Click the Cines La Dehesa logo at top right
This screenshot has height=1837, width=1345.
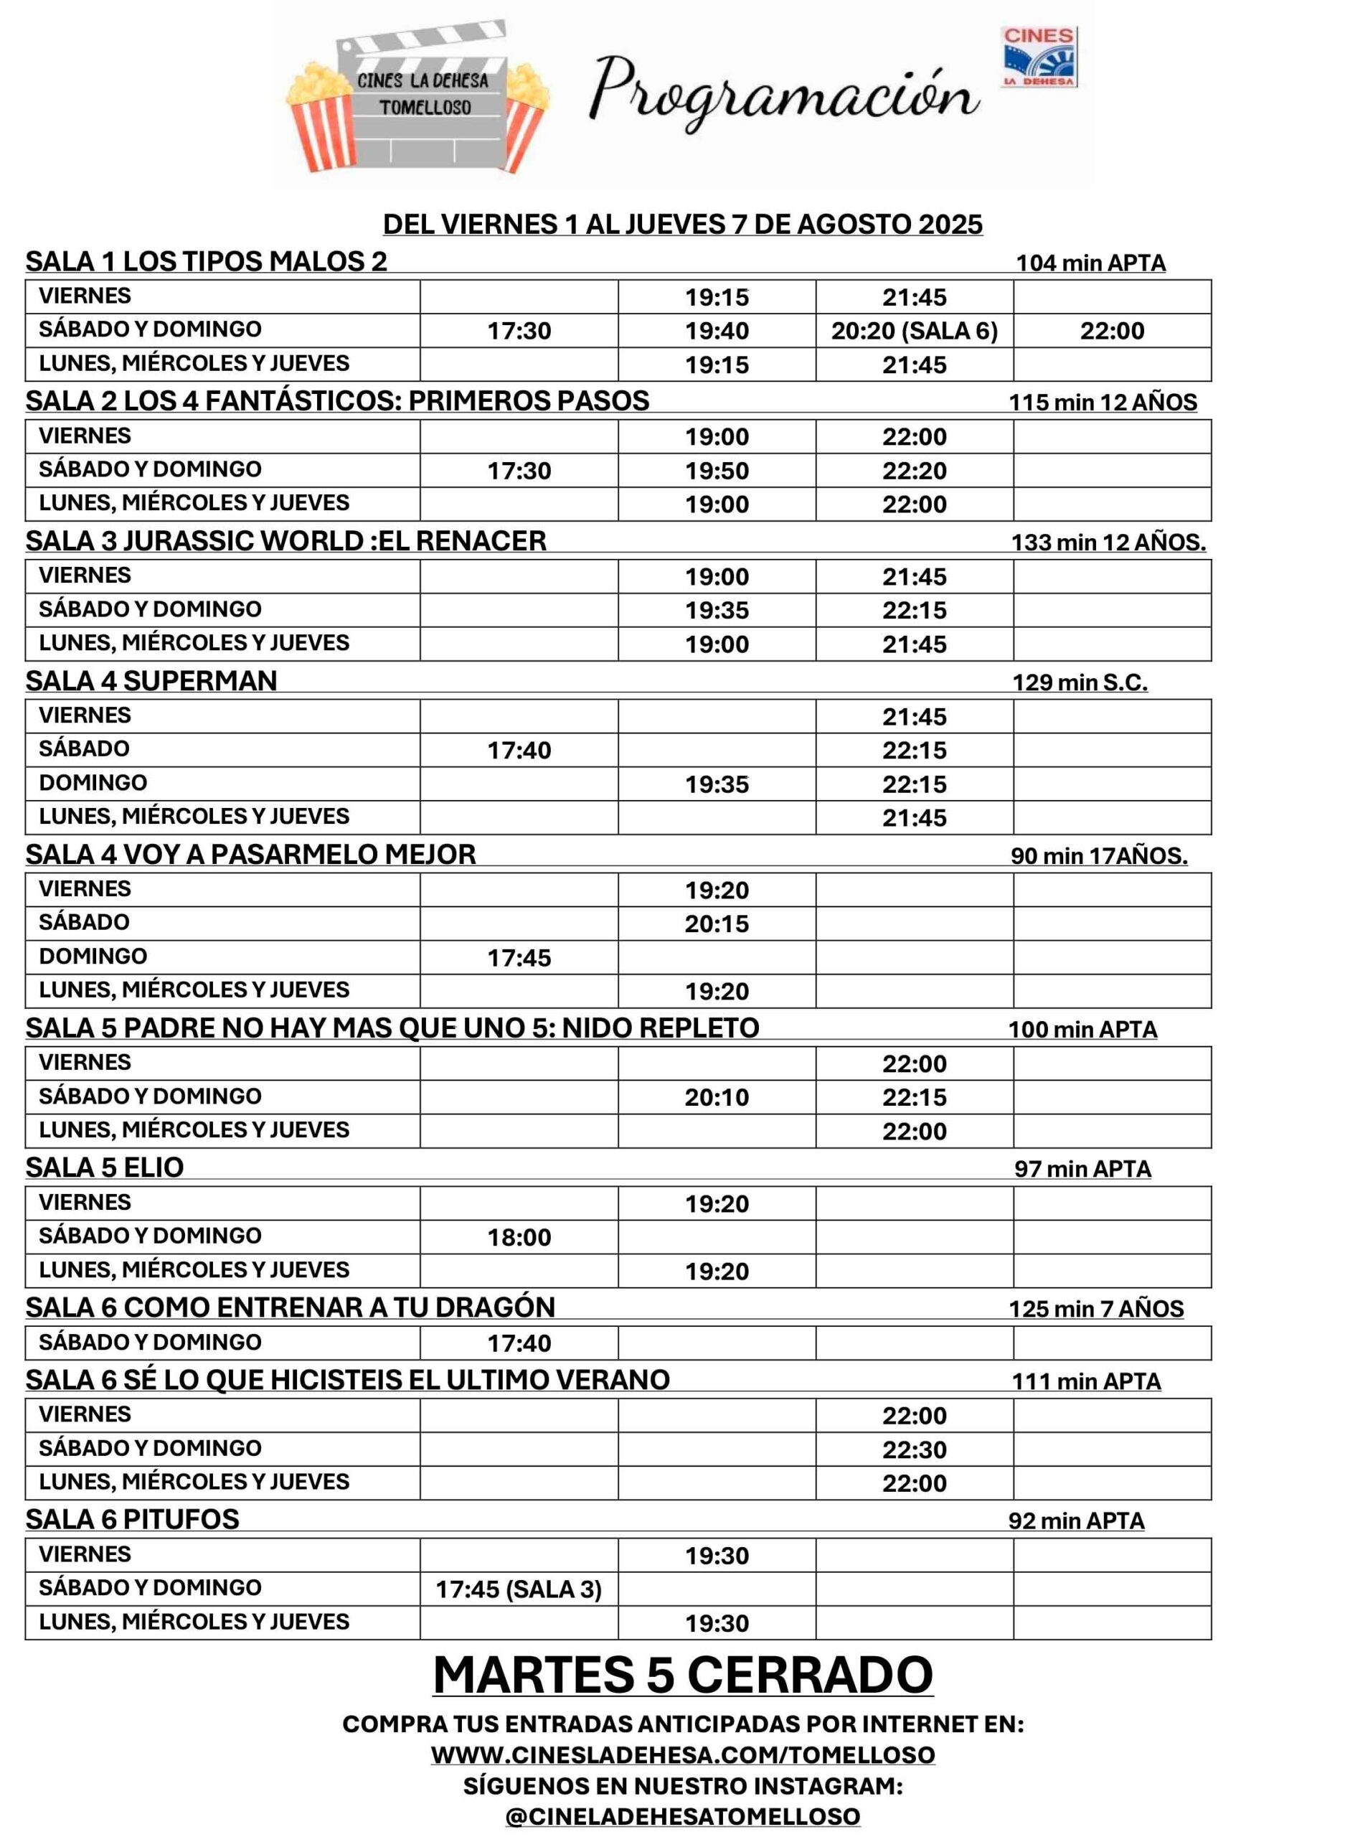[x=1038, y=56]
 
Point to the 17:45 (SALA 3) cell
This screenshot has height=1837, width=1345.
[x=519, y=1589]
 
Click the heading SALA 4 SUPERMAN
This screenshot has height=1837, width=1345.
[x=151, y=681]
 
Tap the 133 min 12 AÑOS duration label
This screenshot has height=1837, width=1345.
[x=1108, y=542]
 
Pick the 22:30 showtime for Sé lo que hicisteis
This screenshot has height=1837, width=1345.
[x=915, y=1450]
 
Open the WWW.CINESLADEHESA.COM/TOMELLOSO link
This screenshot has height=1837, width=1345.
[x=682, y=1754]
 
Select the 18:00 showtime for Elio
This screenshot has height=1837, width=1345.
[x=519, y=1237]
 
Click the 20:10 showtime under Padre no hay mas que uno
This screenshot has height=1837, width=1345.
[x=717, y=1097]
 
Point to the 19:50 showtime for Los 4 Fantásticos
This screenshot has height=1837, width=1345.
[x=717, y=471]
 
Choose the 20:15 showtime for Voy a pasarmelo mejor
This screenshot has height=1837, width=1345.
[x=717, y=924]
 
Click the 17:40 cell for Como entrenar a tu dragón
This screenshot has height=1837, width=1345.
[x=519, y=1343]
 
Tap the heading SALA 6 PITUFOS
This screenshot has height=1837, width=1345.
[x=133, y=1519]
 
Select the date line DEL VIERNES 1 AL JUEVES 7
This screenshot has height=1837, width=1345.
[x=682, y=224]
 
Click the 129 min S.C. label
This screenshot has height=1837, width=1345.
[x=1080, y=682]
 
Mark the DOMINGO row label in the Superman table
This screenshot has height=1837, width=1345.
[x=93, y=782]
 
